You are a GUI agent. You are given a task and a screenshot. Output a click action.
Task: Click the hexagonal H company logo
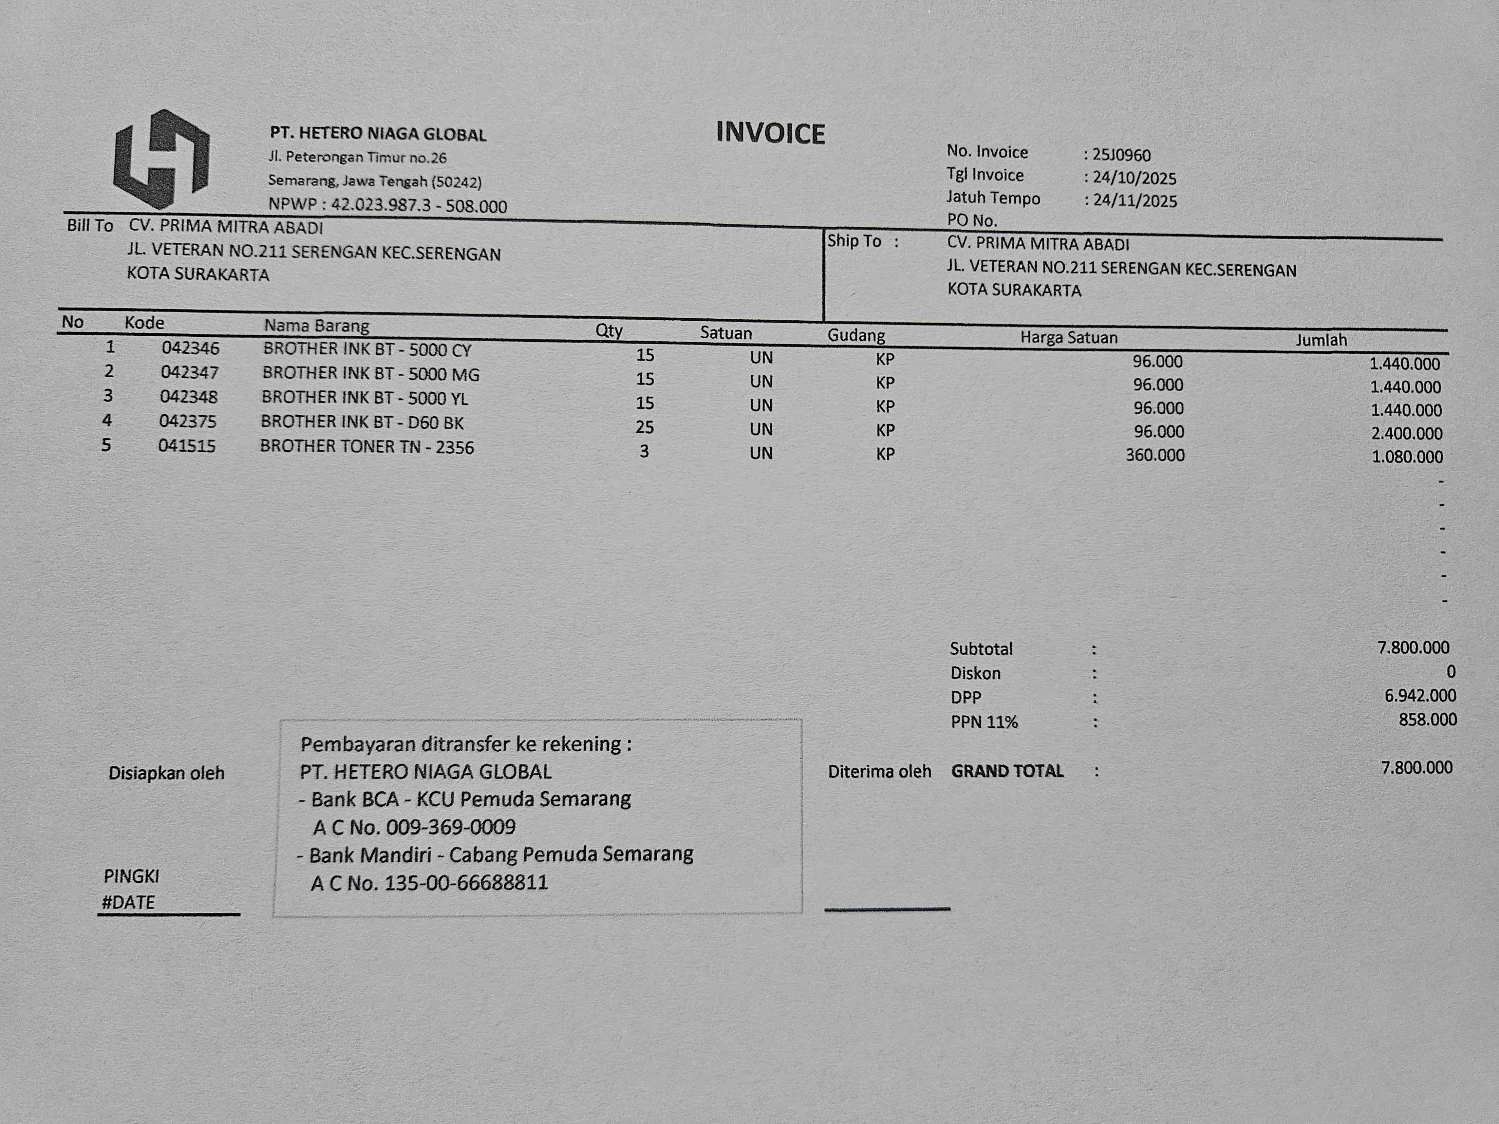161,159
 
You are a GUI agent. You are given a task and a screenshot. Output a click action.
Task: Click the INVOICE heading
770,133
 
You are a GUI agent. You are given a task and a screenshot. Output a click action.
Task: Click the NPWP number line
387,205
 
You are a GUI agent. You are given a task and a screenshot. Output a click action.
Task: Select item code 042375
188,421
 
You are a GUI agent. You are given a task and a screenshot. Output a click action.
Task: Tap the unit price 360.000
1155,454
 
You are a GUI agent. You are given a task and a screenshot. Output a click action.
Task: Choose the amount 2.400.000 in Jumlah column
1406,433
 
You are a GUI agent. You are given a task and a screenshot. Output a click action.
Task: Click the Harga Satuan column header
1069,338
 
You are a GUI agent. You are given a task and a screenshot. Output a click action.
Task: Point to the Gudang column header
856,335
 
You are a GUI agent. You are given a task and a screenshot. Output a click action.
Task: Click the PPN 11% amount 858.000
1427,719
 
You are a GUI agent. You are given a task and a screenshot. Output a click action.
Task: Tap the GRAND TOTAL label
1007,771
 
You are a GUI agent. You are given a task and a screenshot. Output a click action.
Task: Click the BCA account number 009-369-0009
451,827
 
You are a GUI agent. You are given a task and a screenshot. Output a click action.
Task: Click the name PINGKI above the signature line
132,876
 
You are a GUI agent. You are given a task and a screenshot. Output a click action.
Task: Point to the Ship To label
854,241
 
